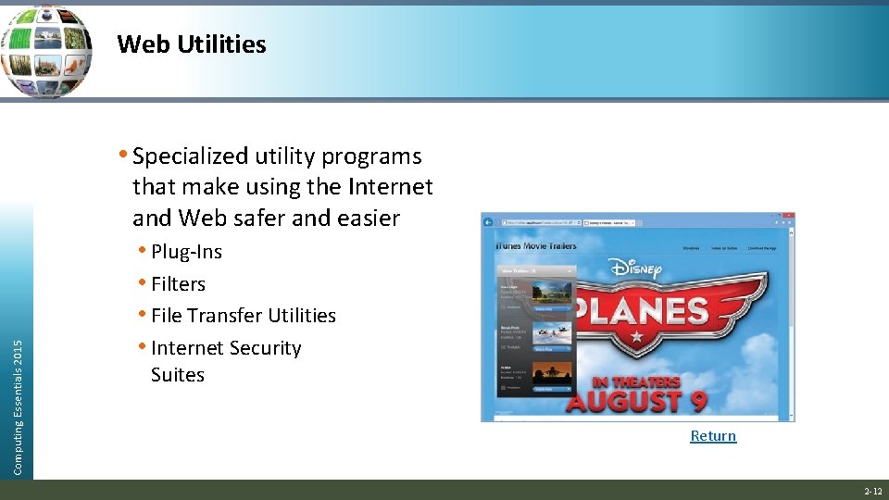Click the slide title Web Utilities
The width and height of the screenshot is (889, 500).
pos(192,44)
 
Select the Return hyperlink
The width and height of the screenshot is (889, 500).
pos(713,436)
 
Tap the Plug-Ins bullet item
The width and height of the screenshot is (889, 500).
pos(186,252)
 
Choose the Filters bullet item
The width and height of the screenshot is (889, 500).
pos(178,284)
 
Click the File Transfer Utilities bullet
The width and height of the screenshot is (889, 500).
pos(243,316)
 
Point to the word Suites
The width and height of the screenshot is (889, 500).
pos(178,375)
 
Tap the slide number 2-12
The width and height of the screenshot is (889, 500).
pos(872,491)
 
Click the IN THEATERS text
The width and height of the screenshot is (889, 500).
pos(635,381)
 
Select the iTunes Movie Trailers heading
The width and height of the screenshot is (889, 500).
pos(537,245)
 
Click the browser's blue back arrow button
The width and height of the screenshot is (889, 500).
pos(490,223)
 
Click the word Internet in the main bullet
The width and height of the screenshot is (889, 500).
pos(390,187)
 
